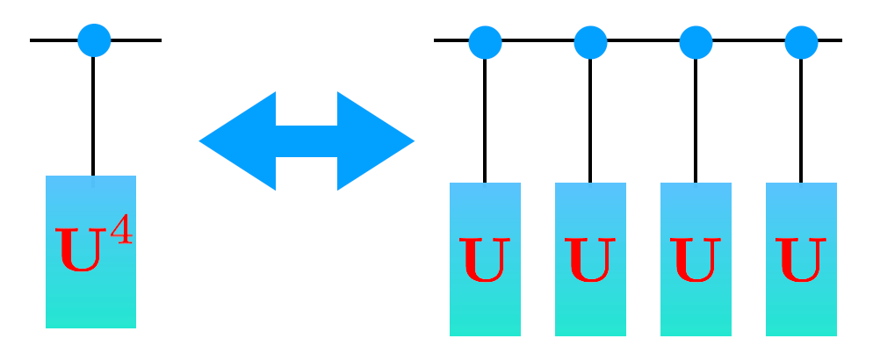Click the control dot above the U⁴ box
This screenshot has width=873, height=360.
click(x=94, y=40)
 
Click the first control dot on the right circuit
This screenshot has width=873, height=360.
click(x=485, y=41)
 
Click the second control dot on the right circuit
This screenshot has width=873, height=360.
click(x=590, y=41)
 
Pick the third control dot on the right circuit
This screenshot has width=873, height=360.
click(x=696, y=41)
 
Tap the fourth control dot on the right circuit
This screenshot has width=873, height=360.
click(x=801, y=41)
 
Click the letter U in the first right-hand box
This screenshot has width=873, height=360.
click(x=485, y=260)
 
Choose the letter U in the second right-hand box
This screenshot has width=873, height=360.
click(x=590, y=260)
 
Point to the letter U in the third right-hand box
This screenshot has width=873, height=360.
click(x=696, y=260)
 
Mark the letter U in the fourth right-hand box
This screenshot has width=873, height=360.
click(x=801, y=260)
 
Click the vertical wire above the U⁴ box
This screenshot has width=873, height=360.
click(x=93, y=114)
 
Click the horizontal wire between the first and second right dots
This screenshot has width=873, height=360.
click(x=538, y=40)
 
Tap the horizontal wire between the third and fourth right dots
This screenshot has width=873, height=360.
click(x=748, y=40)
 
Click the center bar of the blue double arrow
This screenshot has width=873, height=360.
click(x=307, y=140)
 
